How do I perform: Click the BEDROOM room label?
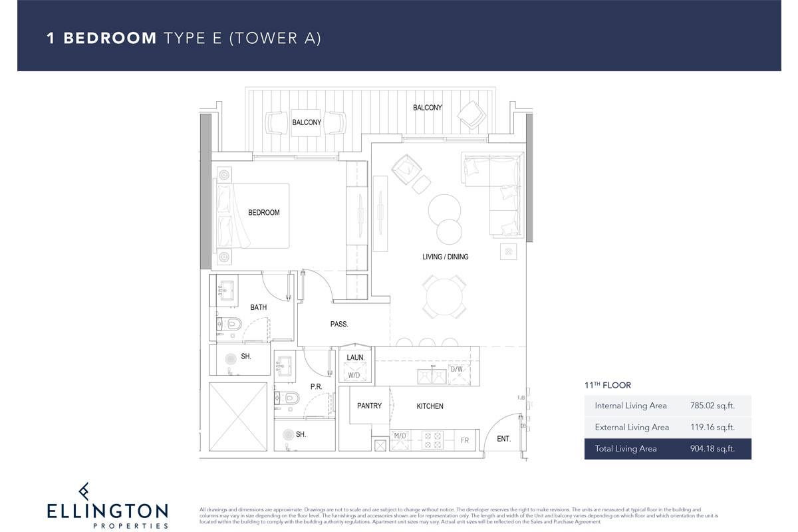tap(264, 213)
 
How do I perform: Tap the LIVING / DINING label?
tap(445, 257)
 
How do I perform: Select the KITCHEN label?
tap(430, 406)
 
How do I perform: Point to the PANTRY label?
tap(369, 406)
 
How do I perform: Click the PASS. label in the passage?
tap(339, 325)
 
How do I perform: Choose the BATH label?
tap(259, 307)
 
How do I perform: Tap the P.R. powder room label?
tap(317, 386)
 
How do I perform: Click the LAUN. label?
tap(356, 358)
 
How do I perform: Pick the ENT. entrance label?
tap(504, 439)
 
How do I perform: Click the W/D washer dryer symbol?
tap(354, 374)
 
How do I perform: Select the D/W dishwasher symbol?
tap(457, 370)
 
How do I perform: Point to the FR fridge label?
tap(465, 441)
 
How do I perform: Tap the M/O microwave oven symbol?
tap(400, 436)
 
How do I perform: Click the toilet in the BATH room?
tap(232, 324)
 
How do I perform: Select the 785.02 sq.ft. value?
tap(712, 405)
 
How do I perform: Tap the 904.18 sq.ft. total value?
tap(712, 449)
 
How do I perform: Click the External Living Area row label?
tap(632, 427)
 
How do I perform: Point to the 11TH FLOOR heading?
tap(607, 385)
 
